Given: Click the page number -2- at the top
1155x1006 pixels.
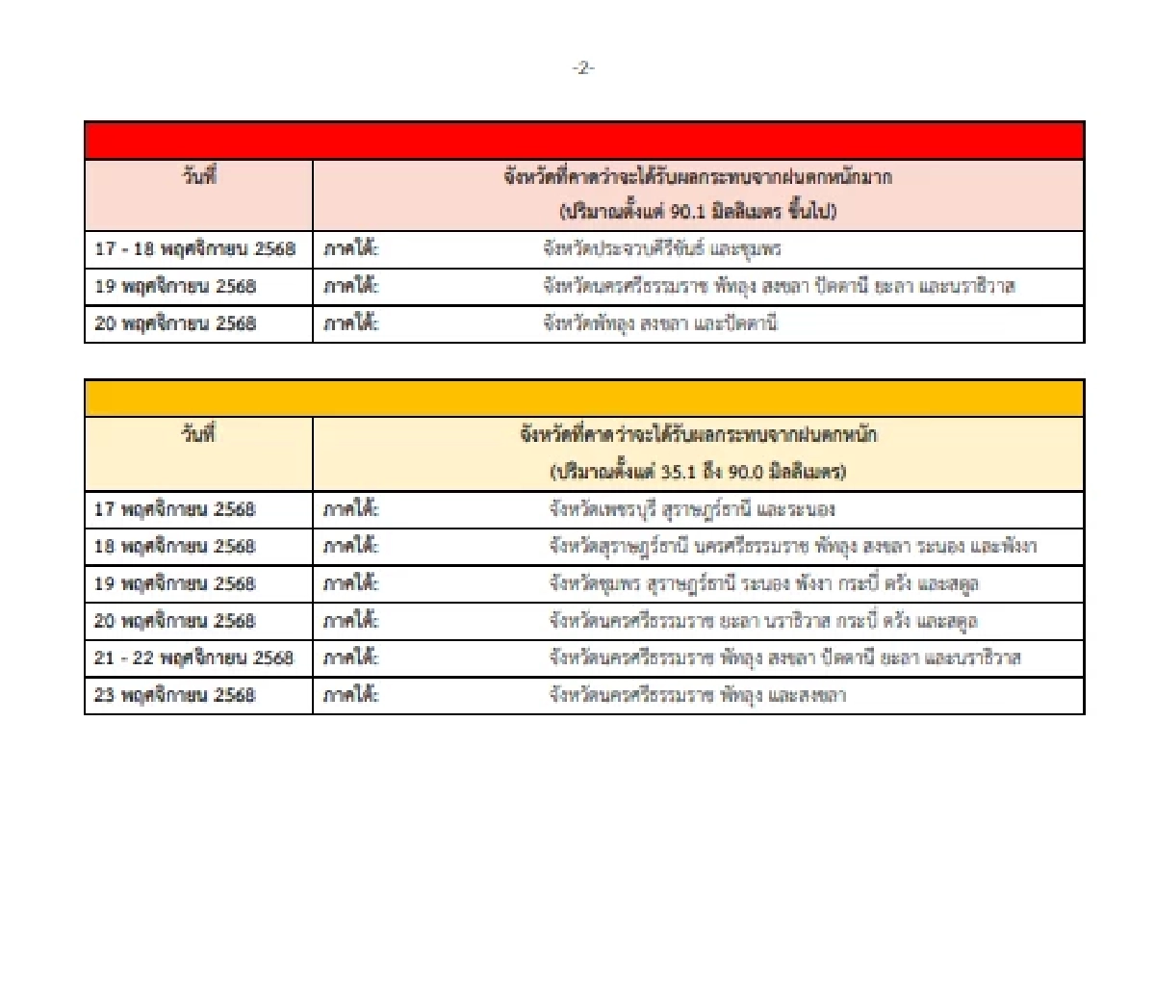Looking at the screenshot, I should pos(583,68).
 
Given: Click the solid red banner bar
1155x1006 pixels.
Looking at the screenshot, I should pos(584,141).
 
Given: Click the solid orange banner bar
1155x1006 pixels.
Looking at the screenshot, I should pos(584,399).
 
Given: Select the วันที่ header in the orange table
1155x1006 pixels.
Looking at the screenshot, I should pos(199,434).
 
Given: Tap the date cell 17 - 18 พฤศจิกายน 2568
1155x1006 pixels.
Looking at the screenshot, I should pos(195,249).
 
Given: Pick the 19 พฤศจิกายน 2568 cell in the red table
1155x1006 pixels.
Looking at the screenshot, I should pos(176,286).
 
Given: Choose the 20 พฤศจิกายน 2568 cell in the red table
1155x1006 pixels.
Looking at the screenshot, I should pos(176,323).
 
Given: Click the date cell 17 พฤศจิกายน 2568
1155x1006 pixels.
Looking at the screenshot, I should pos(175,509).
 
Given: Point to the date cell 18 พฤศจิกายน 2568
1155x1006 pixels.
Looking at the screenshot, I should pos(175,546).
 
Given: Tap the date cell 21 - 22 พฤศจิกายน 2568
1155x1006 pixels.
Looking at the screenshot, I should pos(194,658).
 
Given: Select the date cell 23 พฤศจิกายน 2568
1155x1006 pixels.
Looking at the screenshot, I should pos(175,695).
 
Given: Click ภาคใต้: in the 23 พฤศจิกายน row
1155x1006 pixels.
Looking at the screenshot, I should pos(351,695).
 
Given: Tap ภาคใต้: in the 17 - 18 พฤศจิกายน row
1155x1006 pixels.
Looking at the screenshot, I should pos(351,249).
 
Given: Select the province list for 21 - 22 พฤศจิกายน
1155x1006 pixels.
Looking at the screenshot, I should pos(784,658).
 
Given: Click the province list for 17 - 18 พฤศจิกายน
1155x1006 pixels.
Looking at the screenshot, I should pos(662,249).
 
